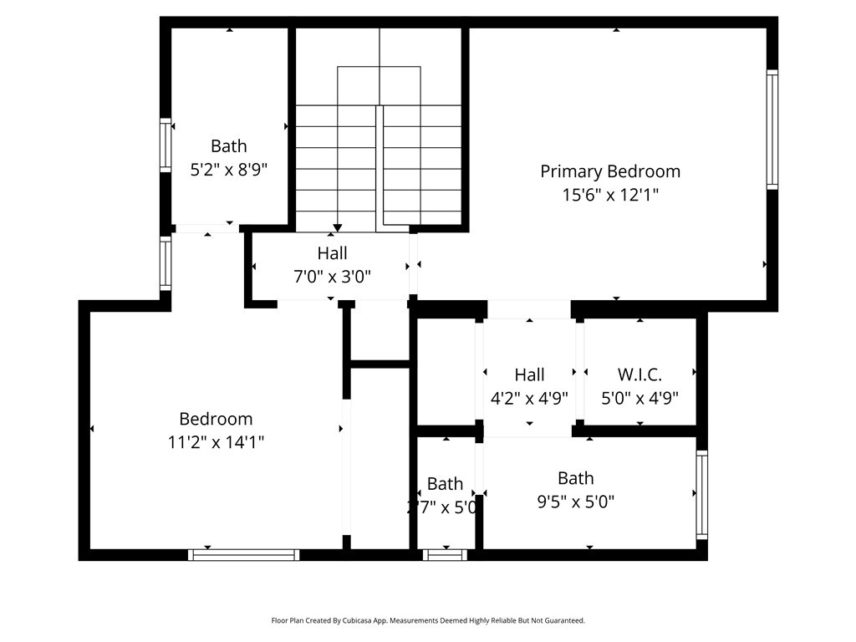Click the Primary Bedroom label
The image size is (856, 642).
610,171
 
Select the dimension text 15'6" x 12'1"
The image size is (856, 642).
610,195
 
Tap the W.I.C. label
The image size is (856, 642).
639,374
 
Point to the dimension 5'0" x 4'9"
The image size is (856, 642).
639,398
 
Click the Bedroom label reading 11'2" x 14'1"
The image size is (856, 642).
216,419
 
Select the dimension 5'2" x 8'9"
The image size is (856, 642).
229,169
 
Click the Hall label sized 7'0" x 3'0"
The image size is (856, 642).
332,253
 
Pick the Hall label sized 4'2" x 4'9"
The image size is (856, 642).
529,374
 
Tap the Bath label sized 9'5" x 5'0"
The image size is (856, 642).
575,478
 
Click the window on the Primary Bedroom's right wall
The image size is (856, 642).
772,130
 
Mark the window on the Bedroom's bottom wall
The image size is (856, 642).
243,554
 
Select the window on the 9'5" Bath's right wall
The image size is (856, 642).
701,495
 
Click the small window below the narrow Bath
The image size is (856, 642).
445,554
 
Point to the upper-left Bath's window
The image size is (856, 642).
166,145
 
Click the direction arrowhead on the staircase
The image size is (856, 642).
337,227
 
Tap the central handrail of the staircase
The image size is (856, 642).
380,167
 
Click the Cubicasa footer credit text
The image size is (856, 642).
428,620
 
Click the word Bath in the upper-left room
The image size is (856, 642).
229,146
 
